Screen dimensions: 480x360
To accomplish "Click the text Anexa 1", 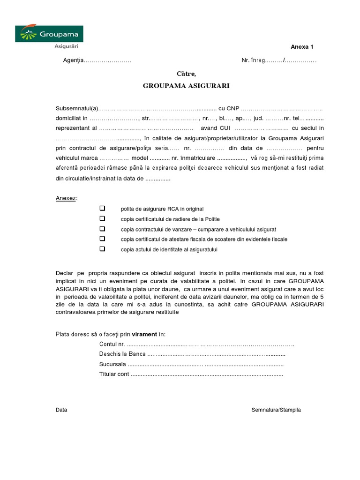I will click(302, 47).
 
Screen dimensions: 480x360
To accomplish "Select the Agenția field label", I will click(74, 60).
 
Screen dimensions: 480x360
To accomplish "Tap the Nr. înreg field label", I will click(253, 60).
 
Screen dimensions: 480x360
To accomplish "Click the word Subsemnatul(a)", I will click(77, 108).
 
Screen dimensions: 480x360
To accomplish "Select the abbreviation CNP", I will click(232, 108).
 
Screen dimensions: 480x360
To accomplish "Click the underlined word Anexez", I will click(66, 198).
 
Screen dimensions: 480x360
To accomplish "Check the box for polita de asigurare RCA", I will click(102, 209).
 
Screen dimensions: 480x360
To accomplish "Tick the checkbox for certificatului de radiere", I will click(102, 219).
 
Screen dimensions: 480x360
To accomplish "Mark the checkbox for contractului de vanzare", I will click(102, 229).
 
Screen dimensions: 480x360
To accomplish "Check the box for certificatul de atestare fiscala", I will click(102, 239).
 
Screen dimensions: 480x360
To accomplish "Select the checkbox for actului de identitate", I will click(102, 249).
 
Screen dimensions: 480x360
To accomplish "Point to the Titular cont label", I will click(114, 374).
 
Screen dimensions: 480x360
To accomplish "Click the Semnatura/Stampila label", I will click(276, 410).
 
